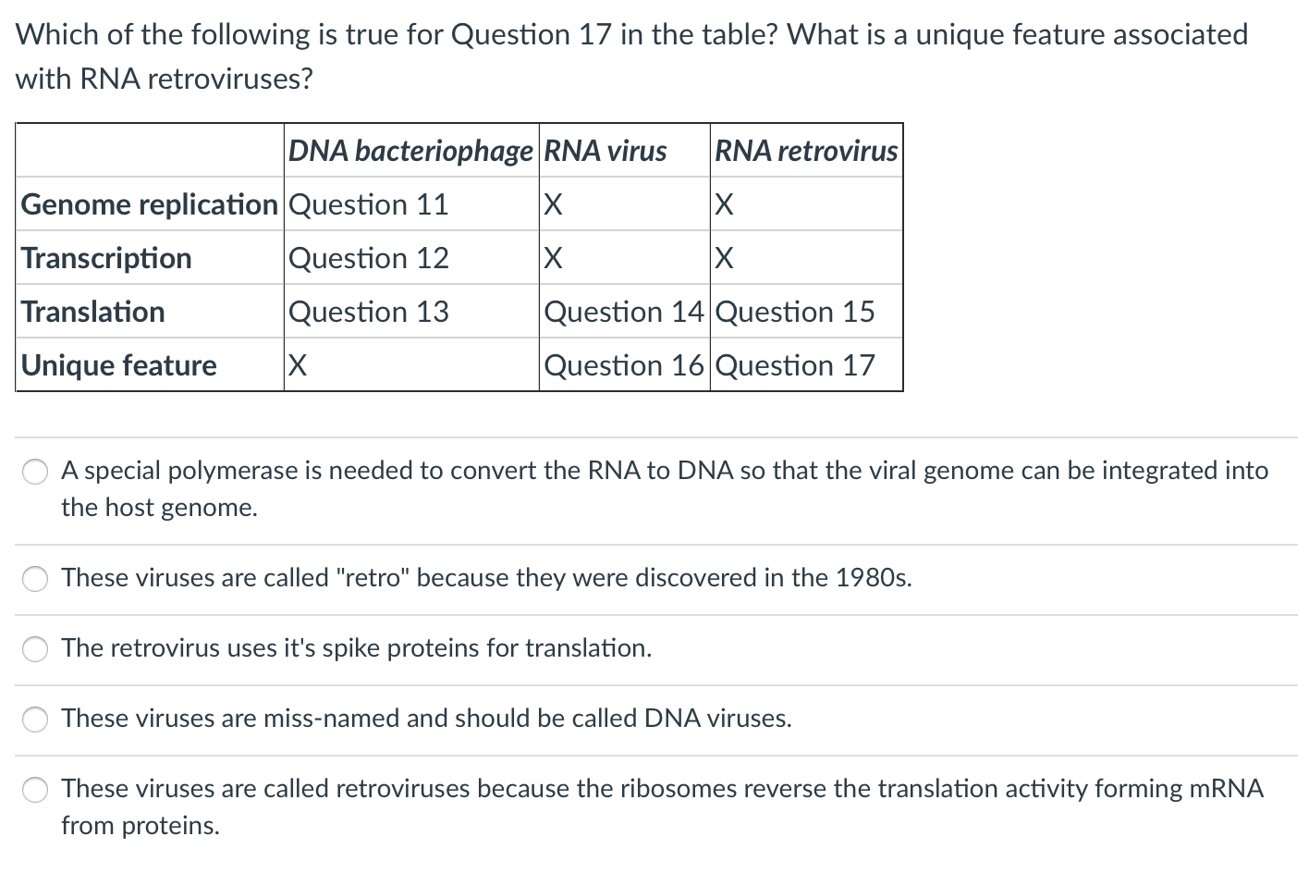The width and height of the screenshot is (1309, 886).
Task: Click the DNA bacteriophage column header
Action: click(x=410, y=151)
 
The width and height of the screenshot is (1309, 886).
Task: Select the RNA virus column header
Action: click(x=605, y=151)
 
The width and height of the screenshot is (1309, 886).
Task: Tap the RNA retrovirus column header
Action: click(x=806, y=151)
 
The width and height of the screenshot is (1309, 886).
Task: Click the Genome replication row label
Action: click(x=149, y=204)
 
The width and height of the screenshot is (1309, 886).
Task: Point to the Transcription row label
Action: click(x=106, y=258)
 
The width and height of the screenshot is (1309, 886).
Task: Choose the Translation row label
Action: click(x=93, y=312)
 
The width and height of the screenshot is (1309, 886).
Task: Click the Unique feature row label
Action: click(x=118, y=365)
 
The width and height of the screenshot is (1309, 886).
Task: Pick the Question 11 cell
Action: click(x=369, y=204)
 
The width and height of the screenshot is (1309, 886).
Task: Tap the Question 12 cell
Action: click(x=369, y=258)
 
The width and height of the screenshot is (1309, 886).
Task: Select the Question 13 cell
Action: click(x=369, y=312)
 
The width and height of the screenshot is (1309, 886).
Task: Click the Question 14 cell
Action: click(x=623, y=312)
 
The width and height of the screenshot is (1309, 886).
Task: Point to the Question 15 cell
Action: click(x=795, y=312)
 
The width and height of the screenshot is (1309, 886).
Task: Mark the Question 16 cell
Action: click(x=623, y=365)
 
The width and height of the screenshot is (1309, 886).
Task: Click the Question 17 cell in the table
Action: click(x=795, y=365)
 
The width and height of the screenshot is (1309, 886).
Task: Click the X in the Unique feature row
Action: click(x=298, y=365)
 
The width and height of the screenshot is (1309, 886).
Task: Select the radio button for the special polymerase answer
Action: click(x=35, y=472)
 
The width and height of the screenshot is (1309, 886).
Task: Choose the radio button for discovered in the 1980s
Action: click(x=35, y=578)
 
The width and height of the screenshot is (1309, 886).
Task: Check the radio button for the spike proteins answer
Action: click(x=35, y=648)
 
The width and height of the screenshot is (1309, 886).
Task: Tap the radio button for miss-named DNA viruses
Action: click(x=35, y=719)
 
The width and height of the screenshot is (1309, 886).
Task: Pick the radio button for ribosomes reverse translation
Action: click(x=35, y=790)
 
